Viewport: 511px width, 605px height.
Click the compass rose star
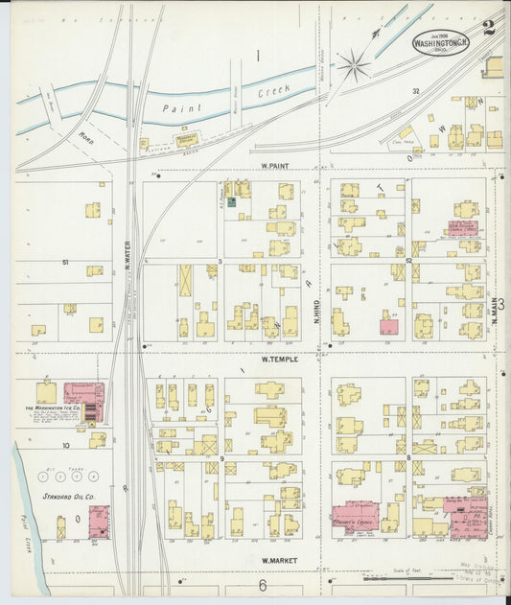(x=353, y=65)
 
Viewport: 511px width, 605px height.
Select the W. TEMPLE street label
(x=280, y=360)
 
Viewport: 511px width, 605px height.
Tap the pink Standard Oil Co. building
(x=99, y=522)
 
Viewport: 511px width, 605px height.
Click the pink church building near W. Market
(x=354, y=517)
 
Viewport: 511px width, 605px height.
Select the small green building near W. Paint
(x=230, y=202)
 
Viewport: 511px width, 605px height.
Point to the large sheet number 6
(x=260, y=585)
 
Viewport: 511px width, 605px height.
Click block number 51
(x=65, y=261)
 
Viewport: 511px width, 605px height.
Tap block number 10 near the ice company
(x=66, y=446)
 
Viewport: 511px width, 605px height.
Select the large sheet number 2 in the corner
(x=489, y=29)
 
